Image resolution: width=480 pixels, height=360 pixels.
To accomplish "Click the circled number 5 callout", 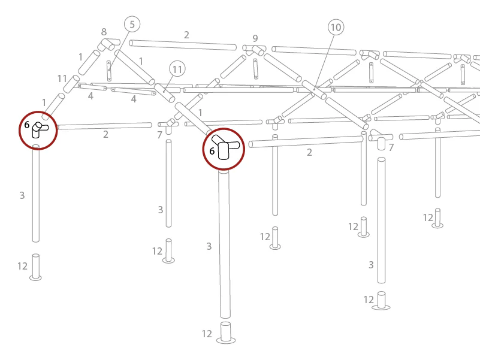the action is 132,24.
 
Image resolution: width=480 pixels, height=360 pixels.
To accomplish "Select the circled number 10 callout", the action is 336,27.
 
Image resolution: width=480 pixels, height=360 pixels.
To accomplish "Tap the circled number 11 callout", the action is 177,69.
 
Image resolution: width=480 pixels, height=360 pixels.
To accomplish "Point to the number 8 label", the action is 104,32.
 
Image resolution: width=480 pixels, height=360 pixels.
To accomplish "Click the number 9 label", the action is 255,38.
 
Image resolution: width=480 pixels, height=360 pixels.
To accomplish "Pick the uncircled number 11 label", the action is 62,78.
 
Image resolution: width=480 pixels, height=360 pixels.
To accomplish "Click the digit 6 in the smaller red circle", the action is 27,125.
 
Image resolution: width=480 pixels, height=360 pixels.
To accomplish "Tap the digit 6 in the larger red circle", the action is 212,150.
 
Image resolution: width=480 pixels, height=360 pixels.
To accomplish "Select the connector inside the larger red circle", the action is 225,147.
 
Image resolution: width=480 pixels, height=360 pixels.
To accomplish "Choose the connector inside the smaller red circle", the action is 39,130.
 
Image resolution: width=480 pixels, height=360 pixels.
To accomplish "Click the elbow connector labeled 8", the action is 108,45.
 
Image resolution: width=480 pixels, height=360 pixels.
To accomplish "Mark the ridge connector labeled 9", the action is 255,50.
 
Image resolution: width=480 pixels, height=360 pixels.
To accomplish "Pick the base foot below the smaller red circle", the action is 35,267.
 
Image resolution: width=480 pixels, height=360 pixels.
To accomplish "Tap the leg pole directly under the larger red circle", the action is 224,244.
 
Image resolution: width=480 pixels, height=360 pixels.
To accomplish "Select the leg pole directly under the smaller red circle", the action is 36,193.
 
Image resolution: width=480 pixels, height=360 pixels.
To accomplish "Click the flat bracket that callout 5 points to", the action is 109,71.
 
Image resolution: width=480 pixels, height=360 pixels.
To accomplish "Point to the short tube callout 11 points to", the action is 164,93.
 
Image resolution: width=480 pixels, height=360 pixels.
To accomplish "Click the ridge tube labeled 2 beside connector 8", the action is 183,46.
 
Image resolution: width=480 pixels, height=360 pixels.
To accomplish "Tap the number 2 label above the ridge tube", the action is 186,35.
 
